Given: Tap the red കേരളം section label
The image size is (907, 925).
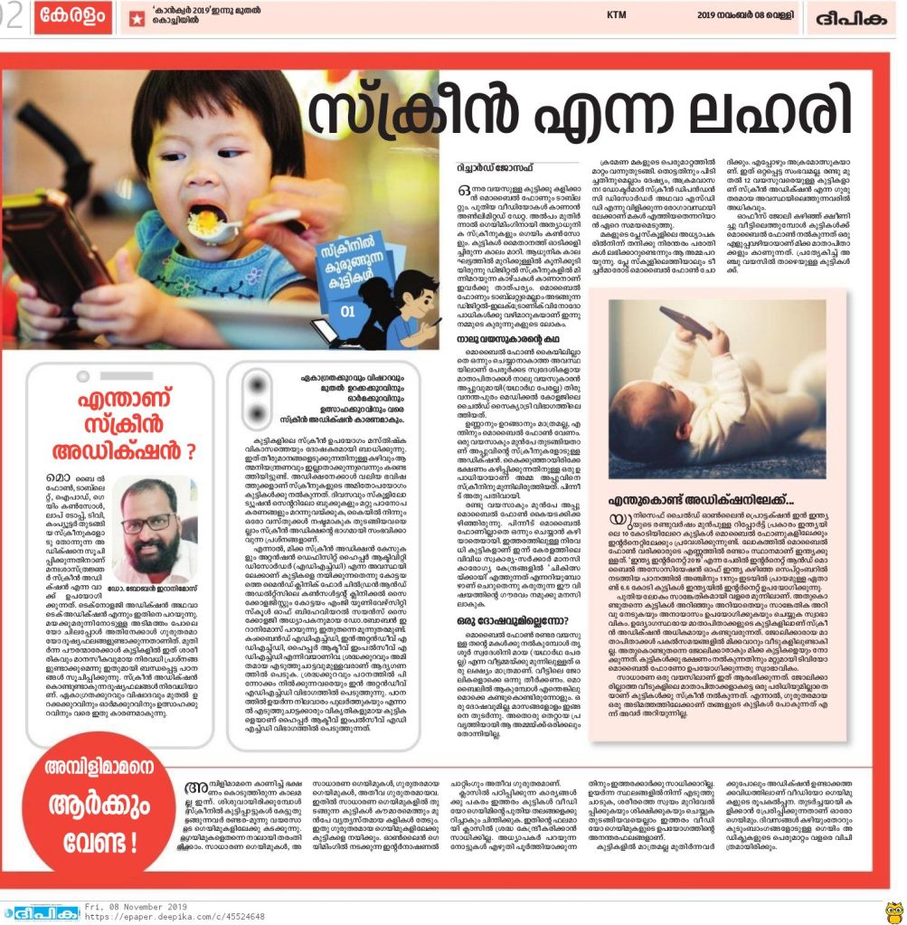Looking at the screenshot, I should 73,17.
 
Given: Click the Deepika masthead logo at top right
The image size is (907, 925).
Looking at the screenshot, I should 852,17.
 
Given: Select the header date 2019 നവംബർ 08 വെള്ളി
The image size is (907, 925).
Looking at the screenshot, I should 746,15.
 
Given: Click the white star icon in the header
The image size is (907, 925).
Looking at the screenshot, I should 137,18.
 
